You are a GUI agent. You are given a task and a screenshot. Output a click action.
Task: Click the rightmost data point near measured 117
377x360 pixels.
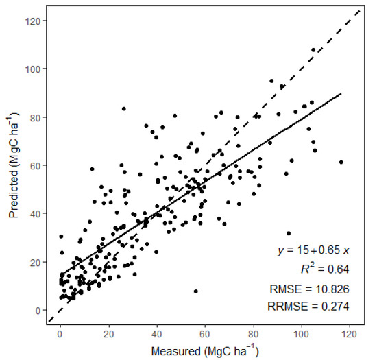(341, 163)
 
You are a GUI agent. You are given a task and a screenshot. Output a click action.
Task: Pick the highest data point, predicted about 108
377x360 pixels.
(313, 50)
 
